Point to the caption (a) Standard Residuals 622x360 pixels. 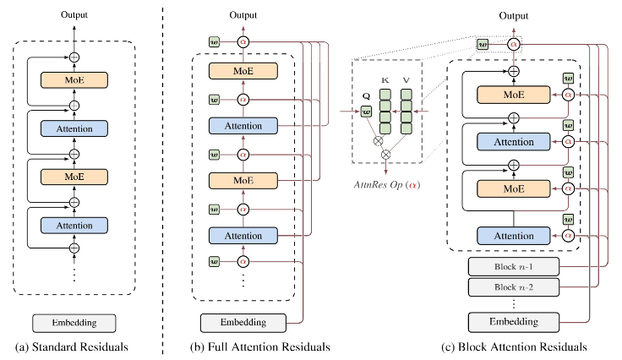pos(74,346)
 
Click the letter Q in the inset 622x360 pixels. pos(365,95)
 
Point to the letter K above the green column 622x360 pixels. pos(385,79)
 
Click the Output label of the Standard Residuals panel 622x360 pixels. pos(74,14)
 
